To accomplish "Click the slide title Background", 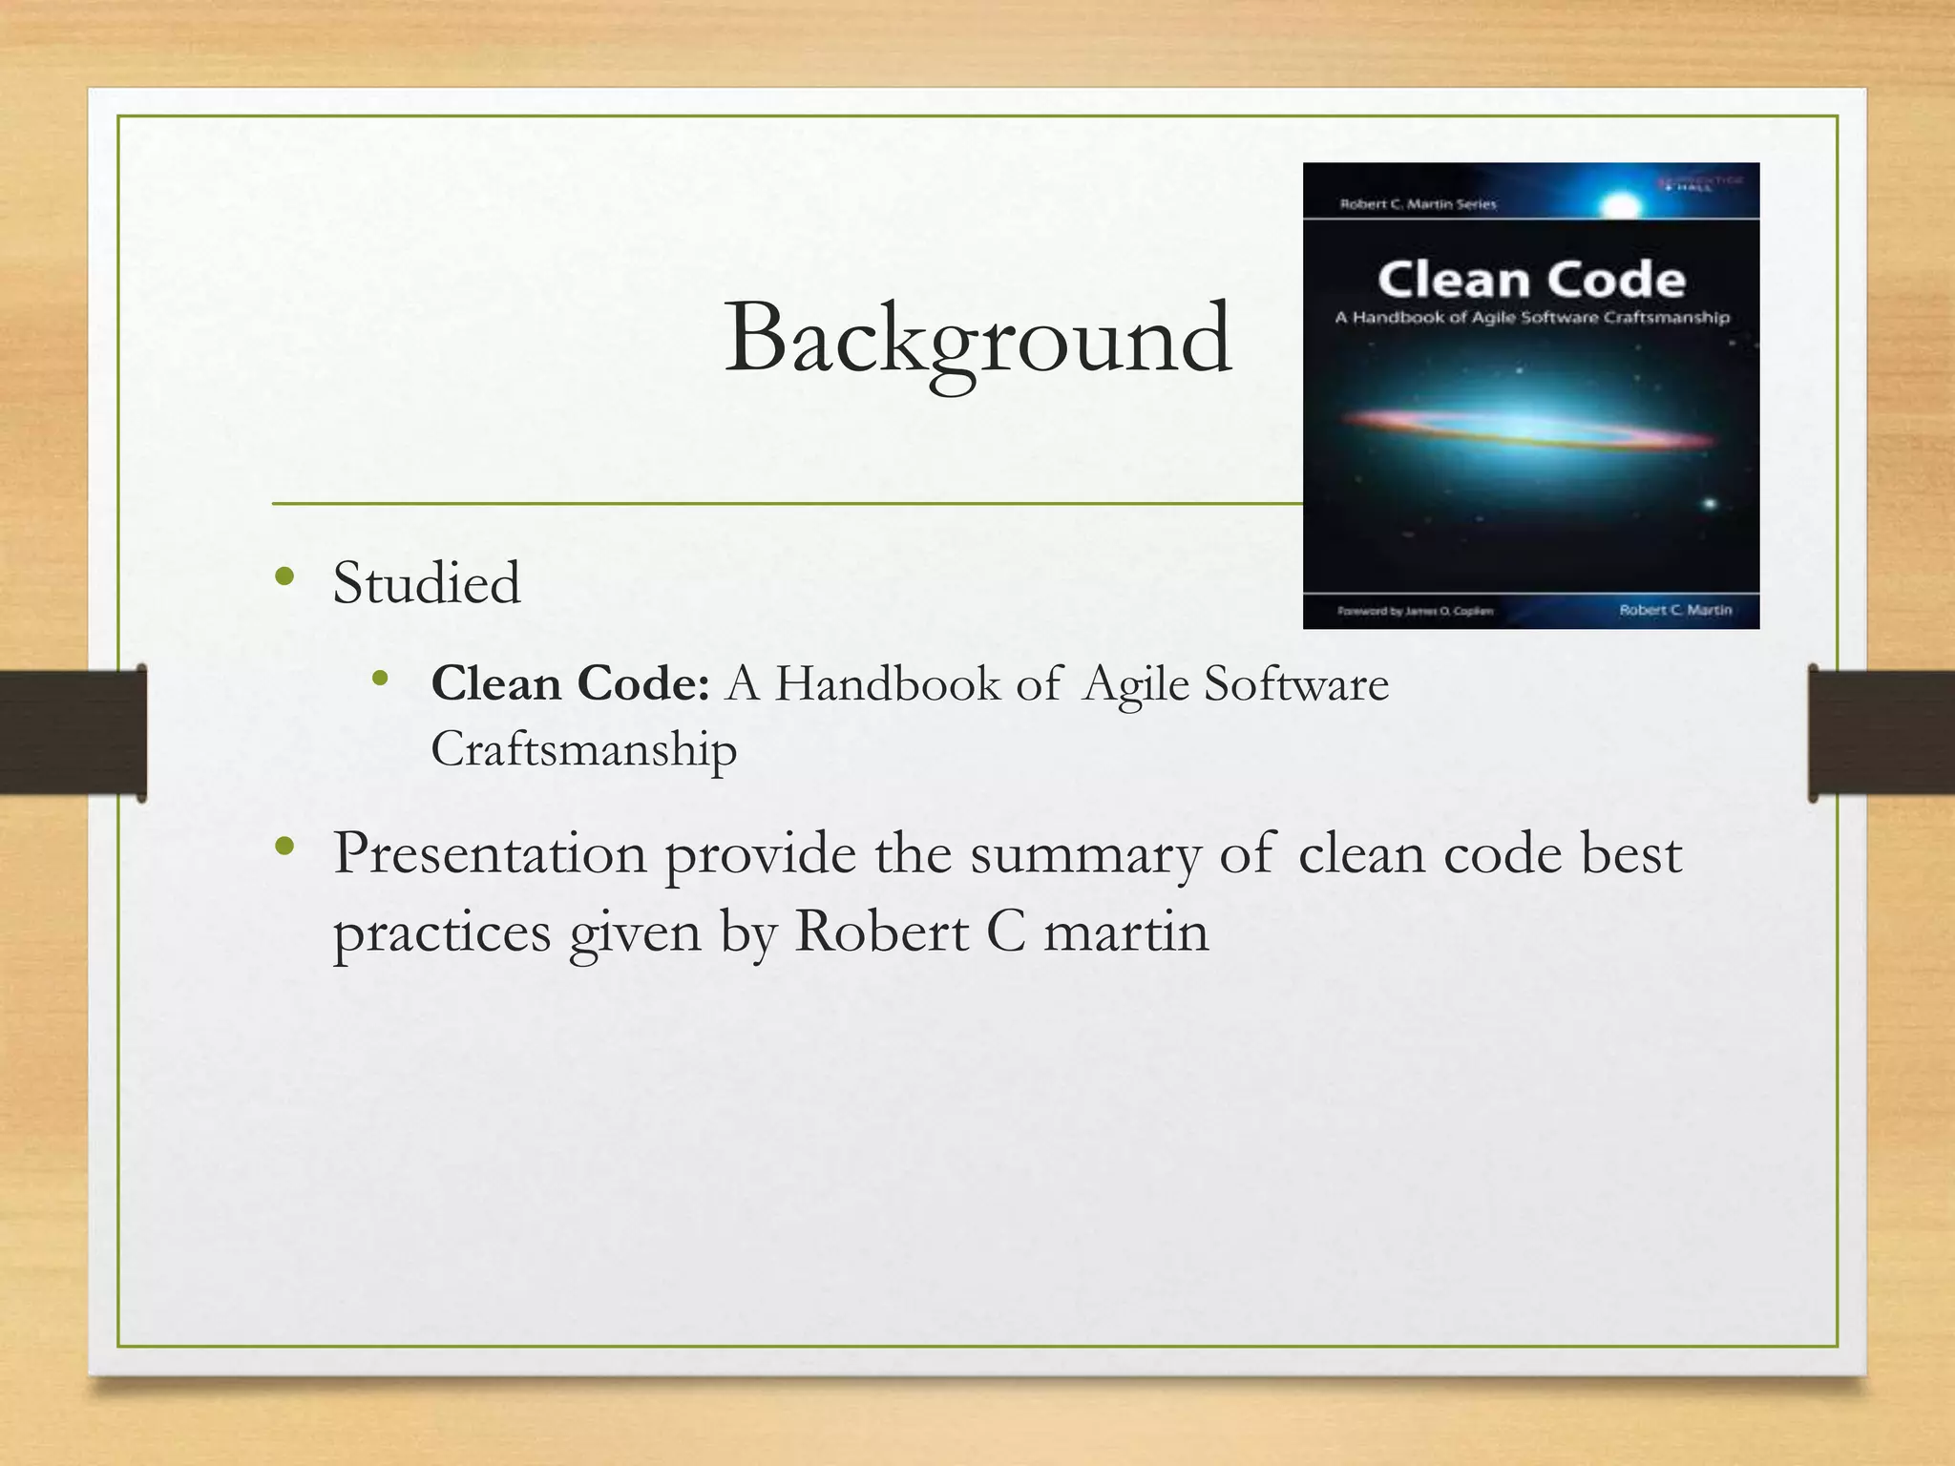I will (977, 340).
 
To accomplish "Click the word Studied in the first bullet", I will (427, 583).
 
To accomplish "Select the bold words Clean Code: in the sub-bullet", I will (570, 684).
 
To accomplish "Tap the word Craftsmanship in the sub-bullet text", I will (583, 749).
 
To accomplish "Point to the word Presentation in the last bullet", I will (490, 853).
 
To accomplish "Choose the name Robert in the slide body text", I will (880, 932).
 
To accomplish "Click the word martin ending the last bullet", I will (1125, 932).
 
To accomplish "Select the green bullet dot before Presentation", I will (284, 846).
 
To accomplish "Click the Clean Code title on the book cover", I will (1531, 281).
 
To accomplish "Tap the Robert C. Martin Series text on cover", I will (1418, 204).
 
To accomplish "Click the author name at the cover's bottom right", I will (1675, 610).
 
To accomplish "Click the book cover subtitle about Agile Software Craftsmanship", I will (1531, 318).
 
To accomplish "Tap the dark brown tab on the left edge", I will (73, 733).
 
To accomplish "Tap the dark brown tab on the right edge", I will (1881, 733).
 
